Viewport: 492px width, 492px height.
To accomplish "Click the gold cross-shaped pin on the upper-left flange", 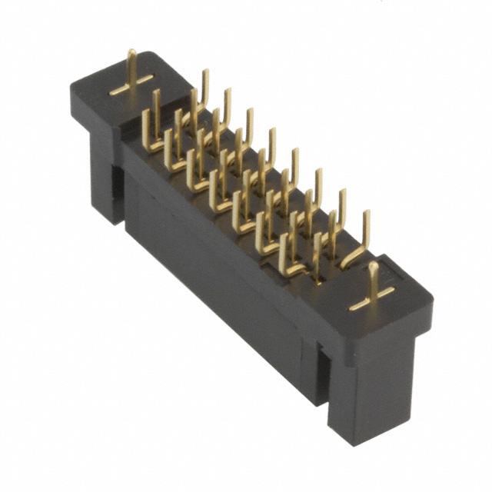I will point(131,78).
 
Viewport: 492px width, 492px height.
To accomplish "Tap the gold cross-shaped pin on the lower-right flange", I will point(373,292).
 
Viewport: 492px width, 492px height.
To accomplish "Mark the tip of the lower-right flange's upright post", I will point(373,265).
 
